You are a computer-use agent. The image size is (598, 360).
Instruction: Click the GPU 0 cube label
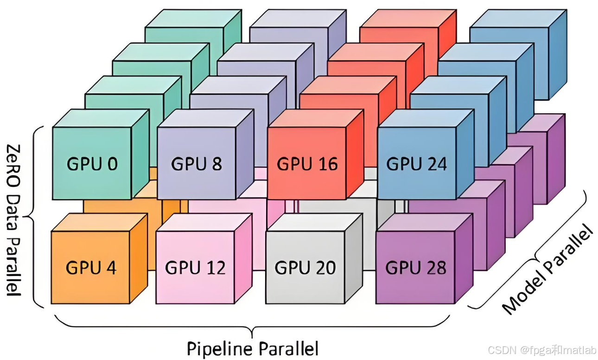(x=93, y=164)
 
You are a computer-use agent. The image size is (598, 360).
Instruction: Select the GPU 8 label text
(x=197, y=164)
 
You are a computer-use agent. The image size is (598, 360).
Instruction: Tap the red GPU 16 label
(x=307, y=164)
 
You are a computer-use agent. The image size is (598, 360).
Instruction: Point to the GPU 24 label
(x=417, y=164)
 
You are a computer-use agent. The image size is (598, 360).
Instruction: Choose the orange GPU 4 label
(x=91, y=268)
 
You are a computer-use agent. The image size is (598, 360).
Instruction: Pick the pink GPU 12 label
(x=195, y=268)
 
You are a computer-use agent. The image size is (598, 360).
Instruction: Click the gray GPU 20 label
(x=305, y=268)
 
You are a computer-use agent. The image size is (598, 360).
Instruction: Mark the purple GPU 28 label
(x=416, y=268)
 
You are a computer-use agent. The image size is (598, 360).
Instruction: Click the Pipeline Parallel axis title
(x=253, y=348)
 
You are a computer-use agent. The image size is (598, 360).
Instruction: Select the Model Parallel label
(x=548, y=270)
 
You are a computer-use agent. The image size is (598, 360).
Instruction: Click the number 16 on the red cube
(x=327, y=164)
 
